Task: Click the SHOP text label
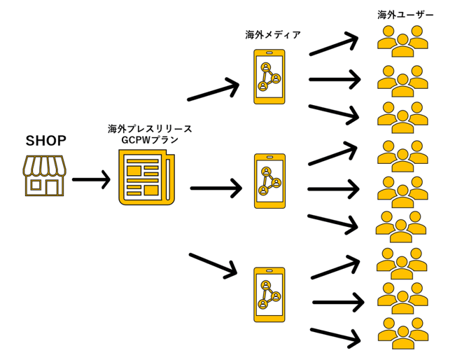coord(46,141)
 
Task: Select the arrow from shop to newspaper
coord(91,181)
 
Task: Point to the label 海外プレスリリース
coord(150,129)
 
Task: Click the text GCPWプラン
coord(150,140)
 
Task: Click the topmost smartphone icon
coord(269,76)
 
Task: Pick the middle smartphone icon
coord(270,181)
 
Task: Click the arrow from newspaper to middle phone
coord(216,188)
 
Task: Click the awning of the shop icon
coord(45,165)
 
